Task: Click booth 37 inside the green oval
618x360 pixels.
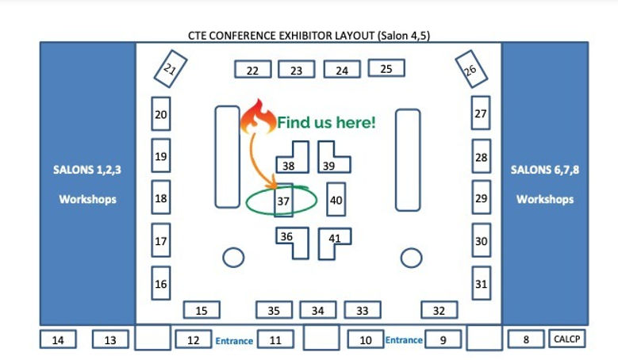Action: (x=283, y=201)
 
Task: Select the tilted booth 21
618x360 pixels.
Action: (x=171, y=69)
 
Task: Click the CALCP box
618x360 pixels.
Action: (x=566, y=339)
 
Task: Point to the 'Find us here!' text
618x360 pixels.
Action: (x=325, y=123)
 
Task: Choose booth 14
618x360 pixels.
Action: (x=58, y=340)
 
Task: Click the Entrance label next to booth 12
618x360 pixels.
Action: (x=234, y=341)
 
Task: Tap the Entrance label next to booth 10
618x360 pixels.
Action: (x=404, y=340)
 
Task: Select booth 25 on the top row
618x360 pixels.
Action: (x=386, y=69)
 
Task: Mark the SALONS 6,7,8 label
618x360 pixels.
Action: (x=544, y=169)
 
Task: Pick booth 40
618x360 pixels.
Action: (x=336, y=200)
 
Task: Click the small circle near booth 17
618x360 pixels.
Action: (x=233, y=257)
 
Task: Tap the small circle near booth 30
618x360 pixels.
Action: (x=411, y=257)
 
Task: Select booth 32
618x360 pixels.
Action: (x=439, y=310)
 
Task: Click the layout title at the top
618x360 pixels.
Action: (x=309, y=35)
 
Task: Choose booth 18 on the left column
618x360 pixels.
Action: (x=161, y=198)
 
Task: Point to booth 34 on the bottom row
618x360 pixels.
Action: (x=317, y=310)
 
